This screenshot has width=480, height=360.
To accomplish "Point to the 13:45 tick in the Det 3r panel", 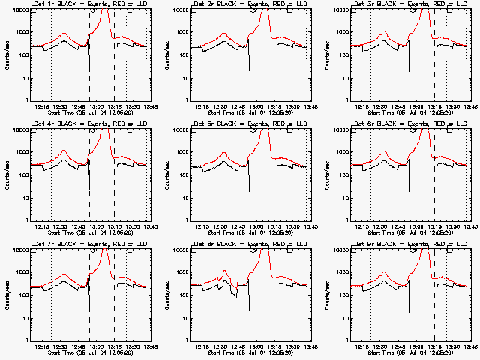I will click(x=464, y=106).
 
